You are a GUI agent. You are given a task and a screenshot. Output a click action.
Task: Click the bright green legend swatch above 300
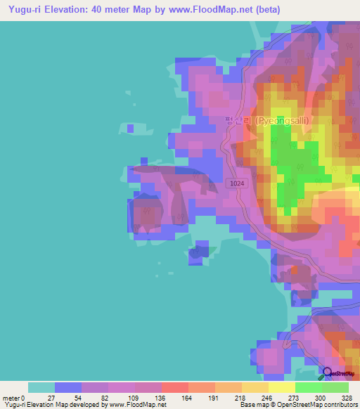coord(309,387)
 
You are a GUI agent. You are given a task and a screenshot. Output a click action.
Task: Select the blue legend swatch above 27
coord(68,387)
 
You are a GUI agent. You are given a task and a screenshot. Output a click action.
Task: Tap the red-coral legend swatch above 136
coord(175,387)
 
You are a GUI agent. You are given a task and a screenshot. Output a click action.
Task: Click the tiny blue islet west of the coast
coord(130,129)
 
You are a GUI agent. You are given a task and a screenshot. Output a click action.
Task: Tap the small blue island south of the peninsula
coord(199,253)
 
